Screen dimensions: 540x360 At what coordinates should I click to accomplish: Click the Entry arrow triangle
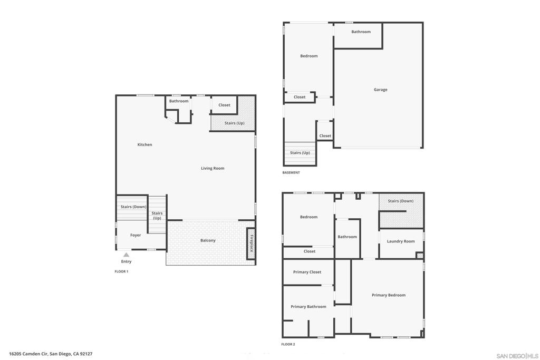coord(127,255)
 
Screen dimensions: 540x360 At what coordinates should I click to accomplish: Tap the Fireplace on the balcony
coord(251,244)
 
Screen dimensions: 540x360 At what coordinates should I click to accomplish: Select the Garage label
coord(381,90)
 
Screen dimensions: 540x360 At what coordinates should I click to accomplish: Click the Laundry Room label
coord(401,241)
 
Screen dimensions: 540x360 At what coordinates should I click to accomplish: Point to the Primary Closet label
coord(307,272)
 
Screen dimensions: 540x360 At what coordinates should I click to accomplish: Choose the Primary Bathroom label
coord(308,307)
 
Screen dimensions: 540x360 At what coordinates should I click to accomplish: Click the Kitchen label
coord(144,144)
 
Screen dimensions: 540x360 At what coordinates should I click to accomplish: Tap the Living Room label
coord(213,168)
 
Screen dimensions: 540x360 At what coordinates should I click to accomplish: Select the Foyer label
coord(136,235)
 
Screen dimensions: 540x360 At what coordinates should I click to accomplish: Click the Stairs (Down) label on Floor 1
coord(133,207)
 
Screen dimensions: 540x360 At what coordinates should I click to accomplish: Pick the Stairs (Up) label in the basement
coord(300,153)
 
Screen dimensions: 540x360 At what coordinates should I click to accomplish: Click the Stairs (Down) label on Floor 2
coord(401,201)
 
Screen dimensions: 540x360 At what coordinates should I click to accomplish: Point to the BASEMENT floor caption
coord(291,172)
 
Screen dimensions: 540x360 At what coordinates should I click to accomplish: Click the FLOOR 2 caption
coord(288,344)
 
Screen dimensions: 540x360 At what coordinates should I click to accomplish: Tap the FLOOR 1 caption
coord(121,271)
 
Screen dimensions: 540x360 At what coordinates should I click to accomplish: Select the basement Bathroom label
coord(361,32)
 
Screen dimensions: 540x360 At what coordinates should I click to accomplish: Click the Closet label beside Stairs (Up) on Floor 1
coord(224,105)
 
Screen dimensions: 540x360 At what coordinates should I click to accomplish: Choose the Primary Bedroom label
coord(389,295)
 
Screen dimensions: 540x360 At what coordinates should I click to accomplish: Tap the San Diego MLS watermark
coord(517,356)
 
